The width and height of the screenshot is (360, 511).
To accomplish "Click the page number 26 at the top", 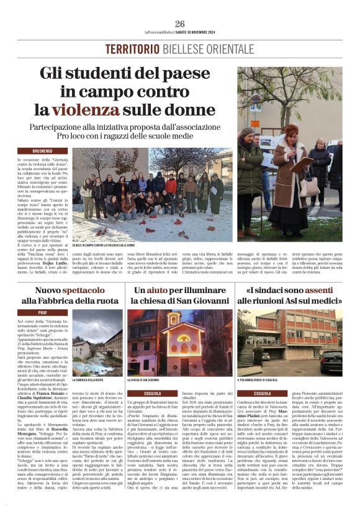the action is (x=180, y=24).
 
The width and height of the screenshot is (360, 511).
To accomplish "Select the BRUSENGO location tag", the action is (x=42, y=151).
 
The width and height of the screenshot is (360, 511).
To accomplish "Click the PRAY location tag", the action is (x=42, y=312).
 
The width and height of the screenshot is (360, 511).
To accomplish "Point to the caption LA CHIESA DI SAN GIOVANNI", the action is (x=144, y=379).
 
